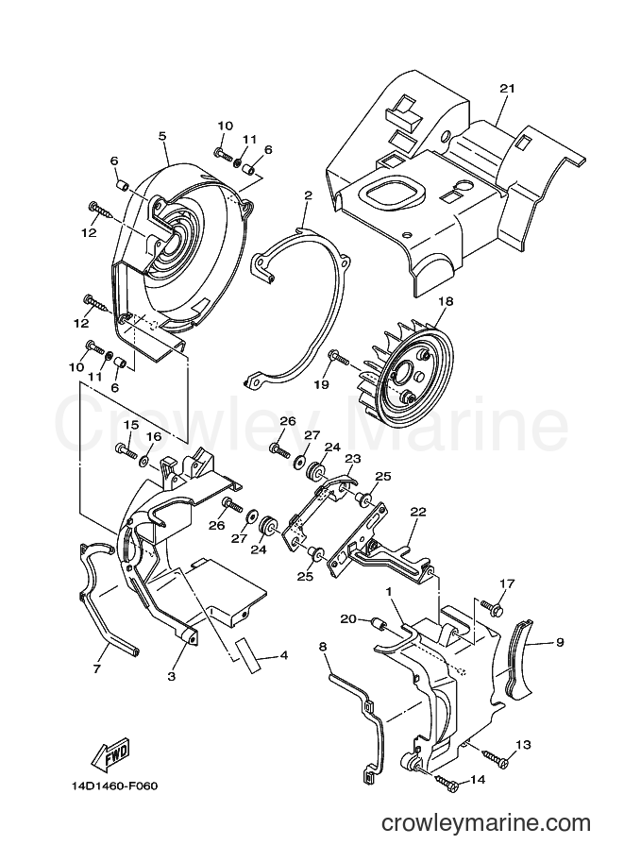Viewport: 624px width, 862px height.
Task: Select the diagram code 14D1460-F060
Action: point(114,786)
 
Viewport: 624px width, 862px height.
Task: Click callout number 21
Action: point(507,88)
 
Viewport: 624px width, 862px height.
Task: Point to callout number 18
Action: point(446,301)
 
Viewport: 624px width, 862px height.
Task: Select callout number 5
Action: point(162,135)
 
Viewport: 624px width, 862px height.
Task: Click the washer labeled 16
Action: point(146,460)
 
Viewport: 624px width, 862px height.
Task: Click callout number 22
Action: point(418,512)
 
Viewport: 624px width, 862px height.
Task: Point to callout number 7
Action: point(96,669)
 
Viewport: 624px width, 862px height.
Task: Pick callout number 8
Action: point(323,647)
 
